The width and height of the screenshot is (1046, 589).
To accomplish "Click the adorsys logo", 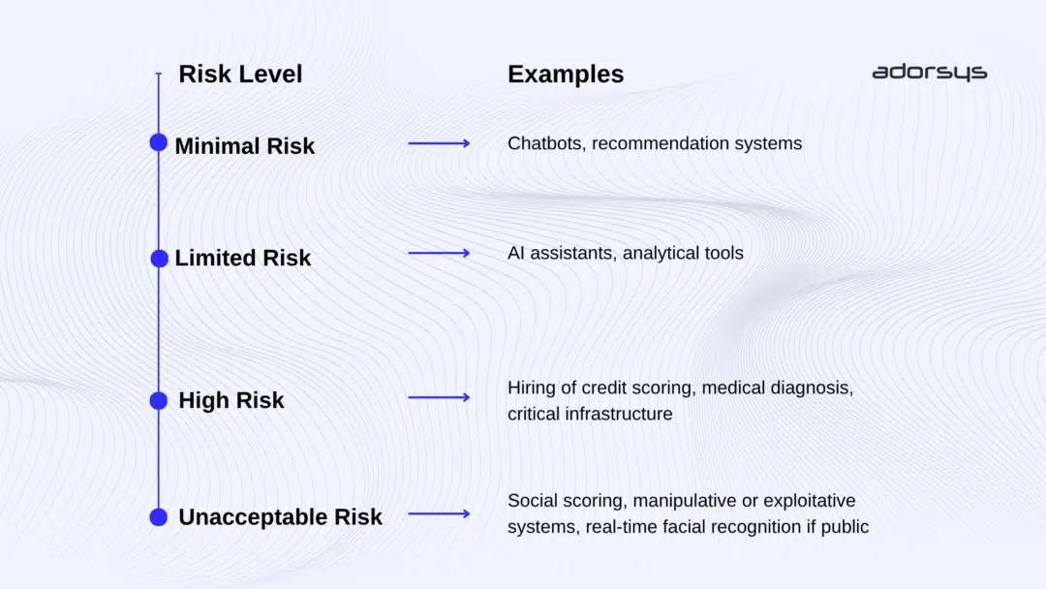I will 929,73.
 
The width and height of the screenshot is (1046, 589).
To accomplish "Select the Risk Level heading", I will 240,74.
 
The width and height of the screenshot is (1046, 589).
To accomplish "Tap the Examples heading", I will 566,75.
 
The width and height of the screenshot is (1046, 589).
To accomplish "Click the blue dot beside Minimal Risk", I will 159,142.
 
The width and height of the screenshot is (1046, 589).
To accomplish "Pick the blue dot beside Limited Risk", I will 159,259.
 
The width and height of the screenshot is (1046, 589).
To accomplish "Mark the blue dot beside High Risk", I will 159,400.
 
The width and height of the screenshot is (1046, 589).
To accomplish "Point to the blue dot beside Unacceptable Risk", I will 159,516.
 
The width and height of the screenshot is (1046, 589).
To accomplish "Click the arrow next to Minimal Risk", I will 439,143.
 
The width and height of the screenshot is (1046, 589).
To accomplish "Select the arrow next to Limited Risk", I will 439,253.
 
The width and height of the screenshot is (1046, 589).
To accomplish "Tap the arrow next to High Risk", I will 439,397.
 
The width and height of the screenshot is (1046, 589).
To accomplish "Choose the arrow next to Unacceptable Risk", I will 439,513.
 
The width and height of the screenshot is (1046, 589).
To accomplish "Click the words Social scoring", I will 559,502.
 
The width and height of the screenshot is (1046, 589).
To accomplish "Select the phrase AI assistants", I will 560,254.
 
